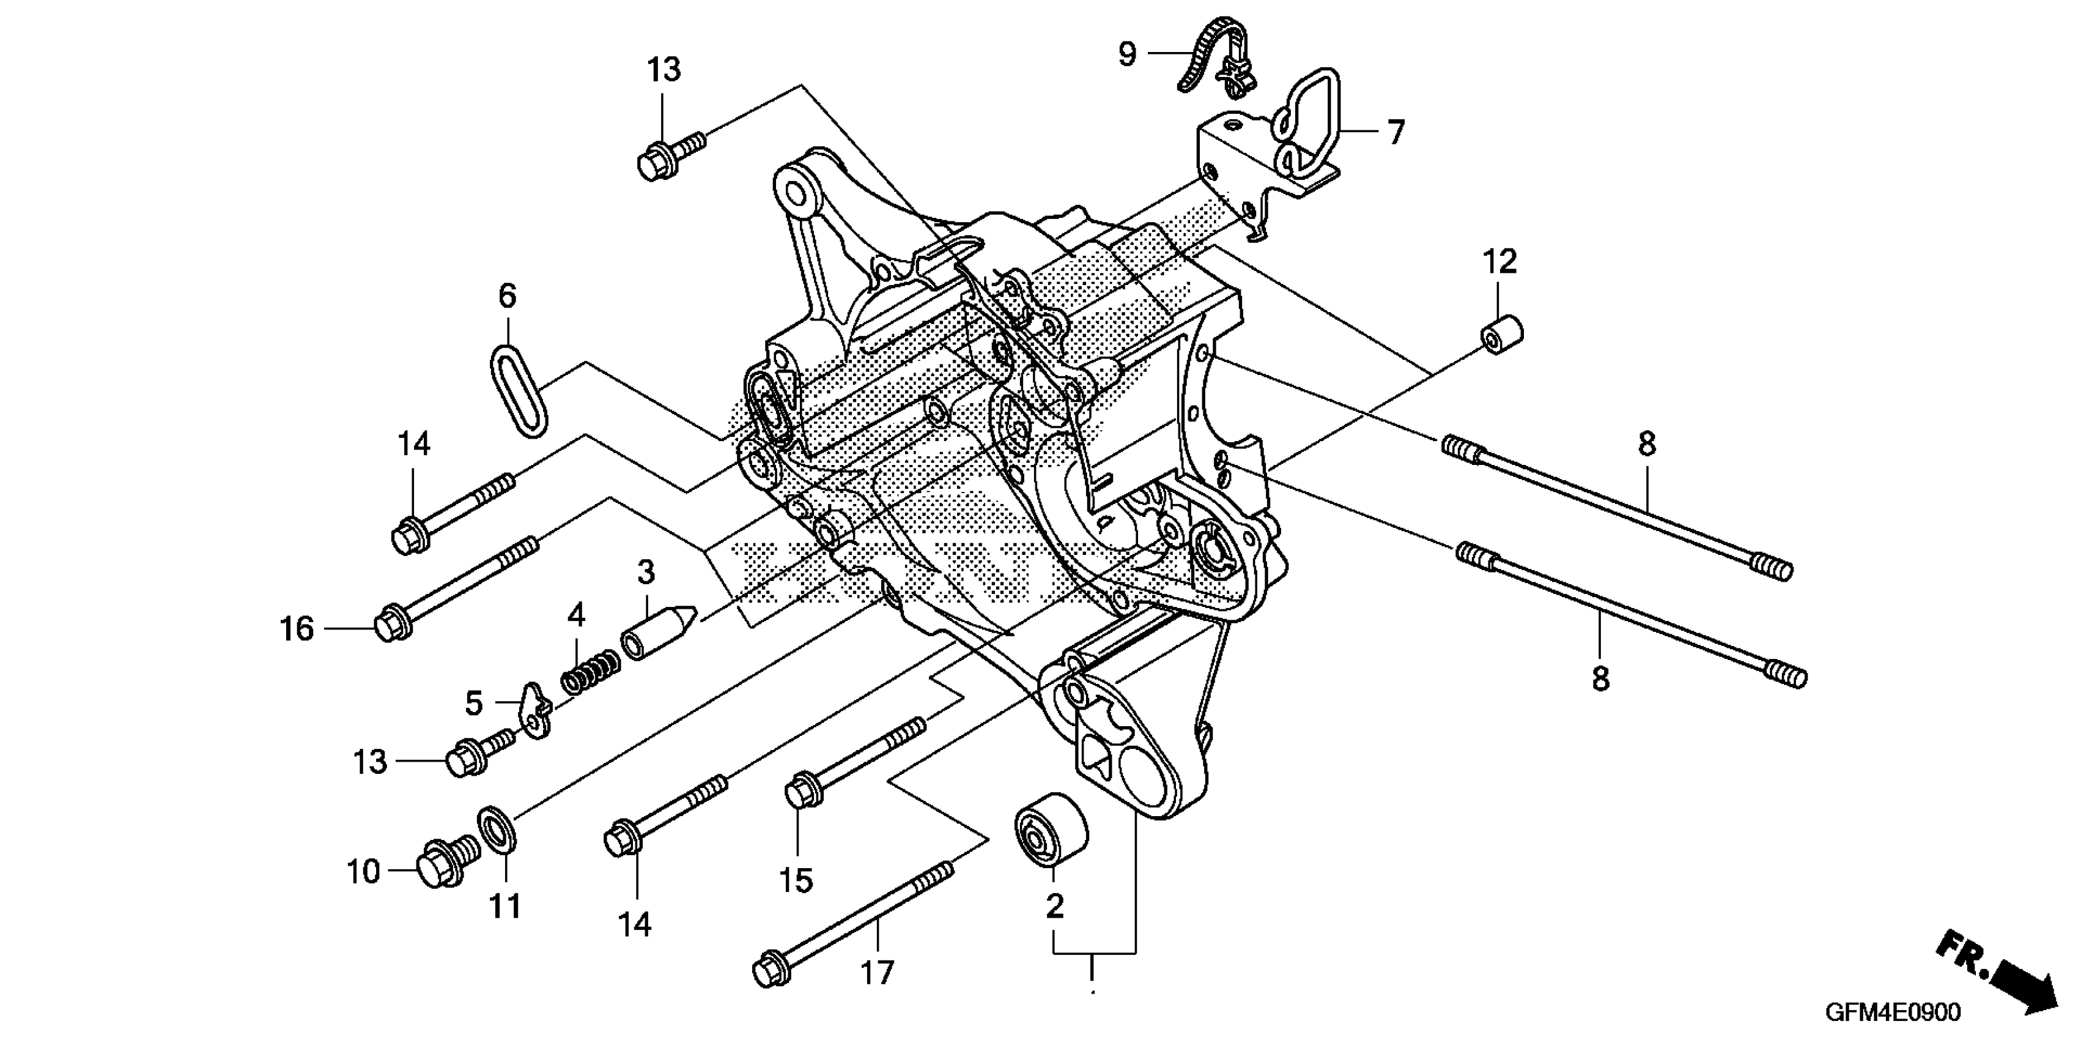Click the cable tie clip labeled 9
point(1216,56)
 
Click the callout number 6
point(506,297)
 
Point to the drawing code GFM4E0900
point(1890,1012)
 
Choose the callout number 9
point(1127,54)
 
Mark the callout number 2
point(1054,907)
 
